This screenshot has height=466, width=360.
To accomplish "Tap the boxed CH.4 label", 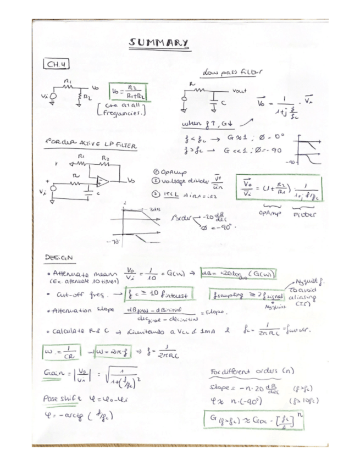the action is coord(58,65).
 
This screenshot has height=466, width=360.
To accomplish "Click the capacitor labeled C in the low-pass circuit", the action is coord(211,102).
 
